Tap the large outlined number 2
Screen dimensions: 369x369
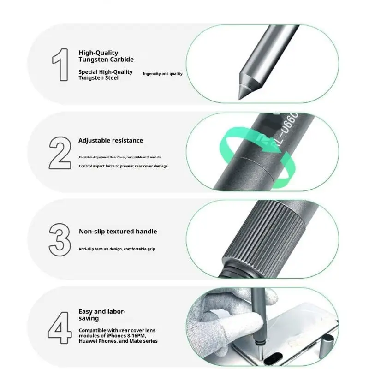(60, 153)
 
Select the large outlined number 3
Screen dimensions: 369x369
(60, 240)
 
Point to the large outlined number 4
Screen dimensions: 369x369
(60, 328)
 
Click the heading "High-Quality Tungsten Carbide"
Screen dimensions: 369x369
(106, 56)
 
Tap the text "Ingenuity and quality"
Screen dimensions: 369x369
(163, 74)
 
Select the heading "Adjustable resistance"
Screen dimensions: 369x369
(111, 141)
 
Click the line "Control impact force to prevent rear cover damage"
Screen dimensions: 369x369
(123, 166)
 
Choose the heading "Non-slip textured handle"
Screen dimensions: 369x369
(118, 232)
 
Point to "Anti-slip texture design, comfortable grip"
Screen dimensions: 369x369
(117, 249)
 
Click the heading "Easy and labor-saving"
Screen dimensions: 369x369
(102, 315)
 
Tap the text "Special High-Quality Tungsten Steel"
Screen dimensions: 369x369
(106, 75)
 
